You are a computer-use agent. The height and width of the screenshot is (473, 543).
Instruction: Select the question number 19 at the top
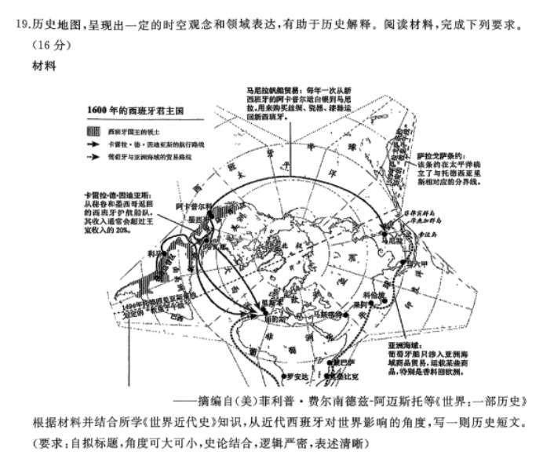tap(24, 25)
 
